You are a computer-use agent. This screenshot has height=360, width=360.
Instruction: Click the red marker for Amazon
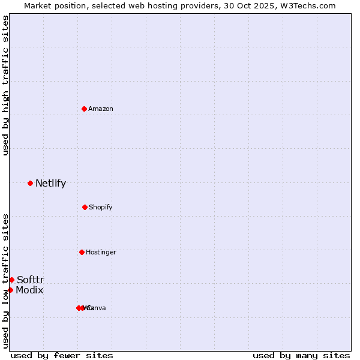pos(84,109)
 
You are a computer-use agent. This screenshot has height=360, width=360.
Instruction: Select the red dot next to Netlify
pos(30,183)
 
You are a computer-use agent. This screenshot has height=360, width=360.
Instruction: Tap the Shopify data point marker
pos(85,207)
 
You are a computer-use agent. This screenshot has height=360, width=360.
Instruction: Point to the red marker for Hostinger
pos(82,252)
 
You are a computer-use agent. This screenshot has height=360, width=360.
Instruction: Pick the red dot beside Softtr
pos(11,280)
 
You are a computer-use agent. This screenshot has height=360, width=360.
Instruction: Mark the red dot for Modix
pos(10,290)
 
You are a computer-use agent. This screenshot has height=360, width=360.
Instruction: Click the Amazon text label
pos(101,109)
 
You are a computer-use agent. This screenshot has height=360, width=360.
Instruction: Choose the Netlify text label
pos(50,183)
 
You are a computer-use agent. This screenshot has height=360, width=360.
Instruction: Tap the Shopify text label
pos(101,207)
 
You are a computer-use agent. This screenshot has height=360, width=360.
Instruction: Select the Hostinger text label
pos(101,252)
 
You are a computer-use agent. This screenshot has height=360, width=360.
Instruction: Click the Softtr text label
pos(30,280)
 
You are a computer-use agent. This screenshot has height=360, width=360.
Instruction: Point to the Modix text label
pos(29,290)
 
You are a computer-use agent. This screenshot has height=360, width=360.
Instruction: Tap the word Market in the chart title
pos(38,5)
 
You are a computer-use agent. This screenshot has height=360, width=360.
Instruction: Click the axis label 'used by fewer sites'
pos(62,355)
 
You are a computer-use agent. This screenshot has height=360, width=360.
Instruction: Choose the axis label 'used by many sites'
pos(301,355)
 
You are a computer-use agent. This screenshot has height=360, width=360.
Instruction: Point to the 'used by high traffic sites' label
pos(5,85)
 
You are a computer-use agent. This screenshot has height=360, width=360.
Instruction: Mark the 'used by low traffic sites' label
pos(5,281)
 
